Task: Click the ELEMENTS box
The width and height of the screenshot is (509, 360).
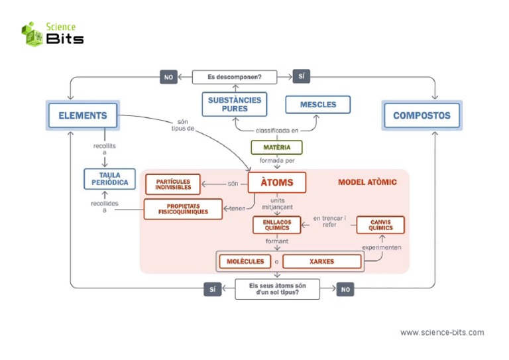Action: [82, 115]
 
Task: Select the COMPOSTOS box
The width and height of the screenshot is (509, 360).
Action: [422, 115]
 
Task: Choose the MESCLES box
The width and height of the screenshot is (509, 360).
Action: [317, 104]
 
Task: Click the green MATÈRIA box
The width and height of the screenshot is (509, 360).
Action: [276, 147]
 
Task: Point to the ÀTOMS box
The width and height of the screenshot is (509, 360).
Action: [277, 182]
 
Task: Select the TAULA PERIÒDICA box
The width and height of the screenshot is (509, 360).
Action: [109, 179]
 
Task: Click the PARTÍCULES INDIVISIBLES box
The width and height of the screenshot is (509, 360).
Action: [173, 184]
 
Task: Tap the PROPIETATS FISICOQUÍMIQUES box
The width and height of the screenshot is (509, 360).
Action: [183, 209]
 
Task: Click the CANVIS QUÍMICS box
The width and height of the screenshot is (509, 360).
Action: [380, 225]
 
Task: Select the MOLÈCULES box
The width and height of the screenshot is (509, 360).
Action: [245, 261]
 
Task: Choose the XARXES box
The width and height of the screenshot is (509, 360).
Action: [322, 261]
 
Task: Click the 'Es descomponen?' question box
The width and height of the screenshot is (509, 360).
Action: [234, 77]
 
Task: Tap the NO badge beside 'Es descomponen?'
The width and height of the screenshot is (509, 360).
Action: [168, 78]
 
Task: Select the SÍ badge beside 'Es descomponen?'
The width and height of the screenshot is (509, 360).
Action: [301, 77]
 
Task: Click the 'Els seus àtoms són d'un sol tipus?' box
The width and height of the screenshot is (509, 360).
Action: [277, 289]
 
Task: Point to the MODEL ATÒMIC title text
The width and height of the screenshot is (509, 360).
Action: [367, 182]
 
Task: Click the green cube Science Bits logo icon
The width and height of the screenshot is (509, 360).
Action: [31, 34]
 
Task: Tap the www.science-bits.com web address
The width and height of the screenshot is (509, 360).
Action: [442, 332]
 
